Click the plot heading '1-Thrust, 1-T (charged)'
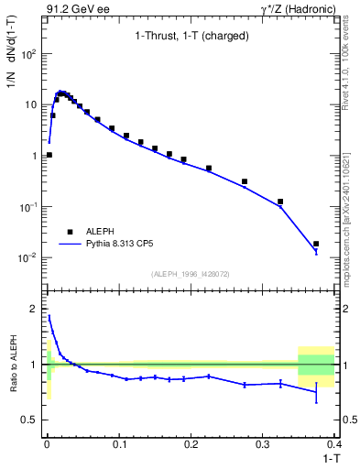click(x=190, y=37)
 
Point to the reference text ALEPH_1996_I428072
click(x=190, y=273)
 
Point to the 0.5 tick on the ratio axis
click(x=32, y=420)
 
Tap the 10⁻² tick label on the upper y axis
click(x=30, y=257)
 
